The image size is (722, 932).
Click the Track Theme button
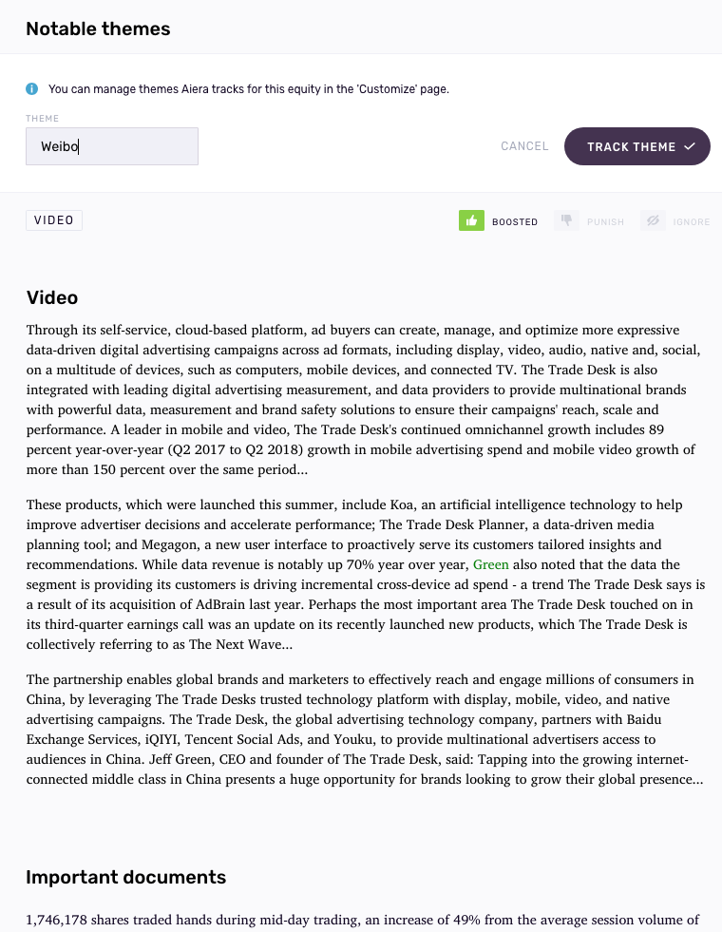636,146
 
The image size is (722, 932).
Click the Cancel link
524,146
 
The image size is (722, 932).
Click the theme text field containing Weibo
112,146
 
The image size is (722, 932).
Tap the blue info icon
32,89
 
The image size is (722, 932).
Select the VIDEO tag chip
54,220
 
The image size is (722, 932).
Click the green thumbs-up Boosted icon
472,221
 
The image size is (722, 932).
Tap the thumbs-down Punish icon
566,221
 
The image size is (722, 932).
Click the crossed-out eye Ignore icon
653,221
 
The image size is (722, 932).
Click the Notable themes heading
98,29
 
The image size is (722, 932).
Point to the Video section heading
52,297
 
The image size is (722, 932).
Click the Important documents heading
125,877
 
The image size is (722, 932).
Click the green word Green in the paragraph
491,564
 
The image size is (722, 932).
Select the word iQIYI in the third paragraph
160,739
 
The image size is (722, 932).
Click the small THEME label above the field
42,119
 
